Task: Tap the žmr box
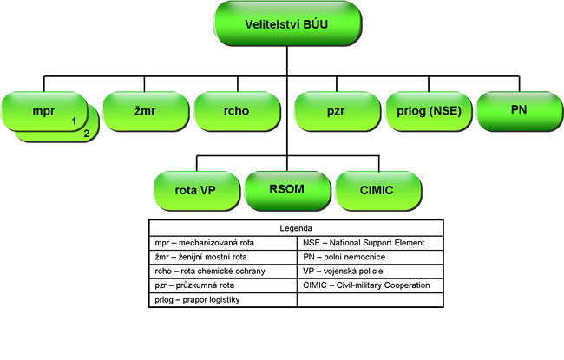coord(138,110)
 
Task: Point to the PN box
coord(520,110)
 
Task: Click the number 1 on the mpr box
coord(75,121)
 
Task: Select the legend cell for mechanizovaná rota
coord(221,242)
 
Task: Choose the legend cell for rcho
coord(221,270)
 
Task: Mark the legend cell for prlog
coord(221,298)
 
